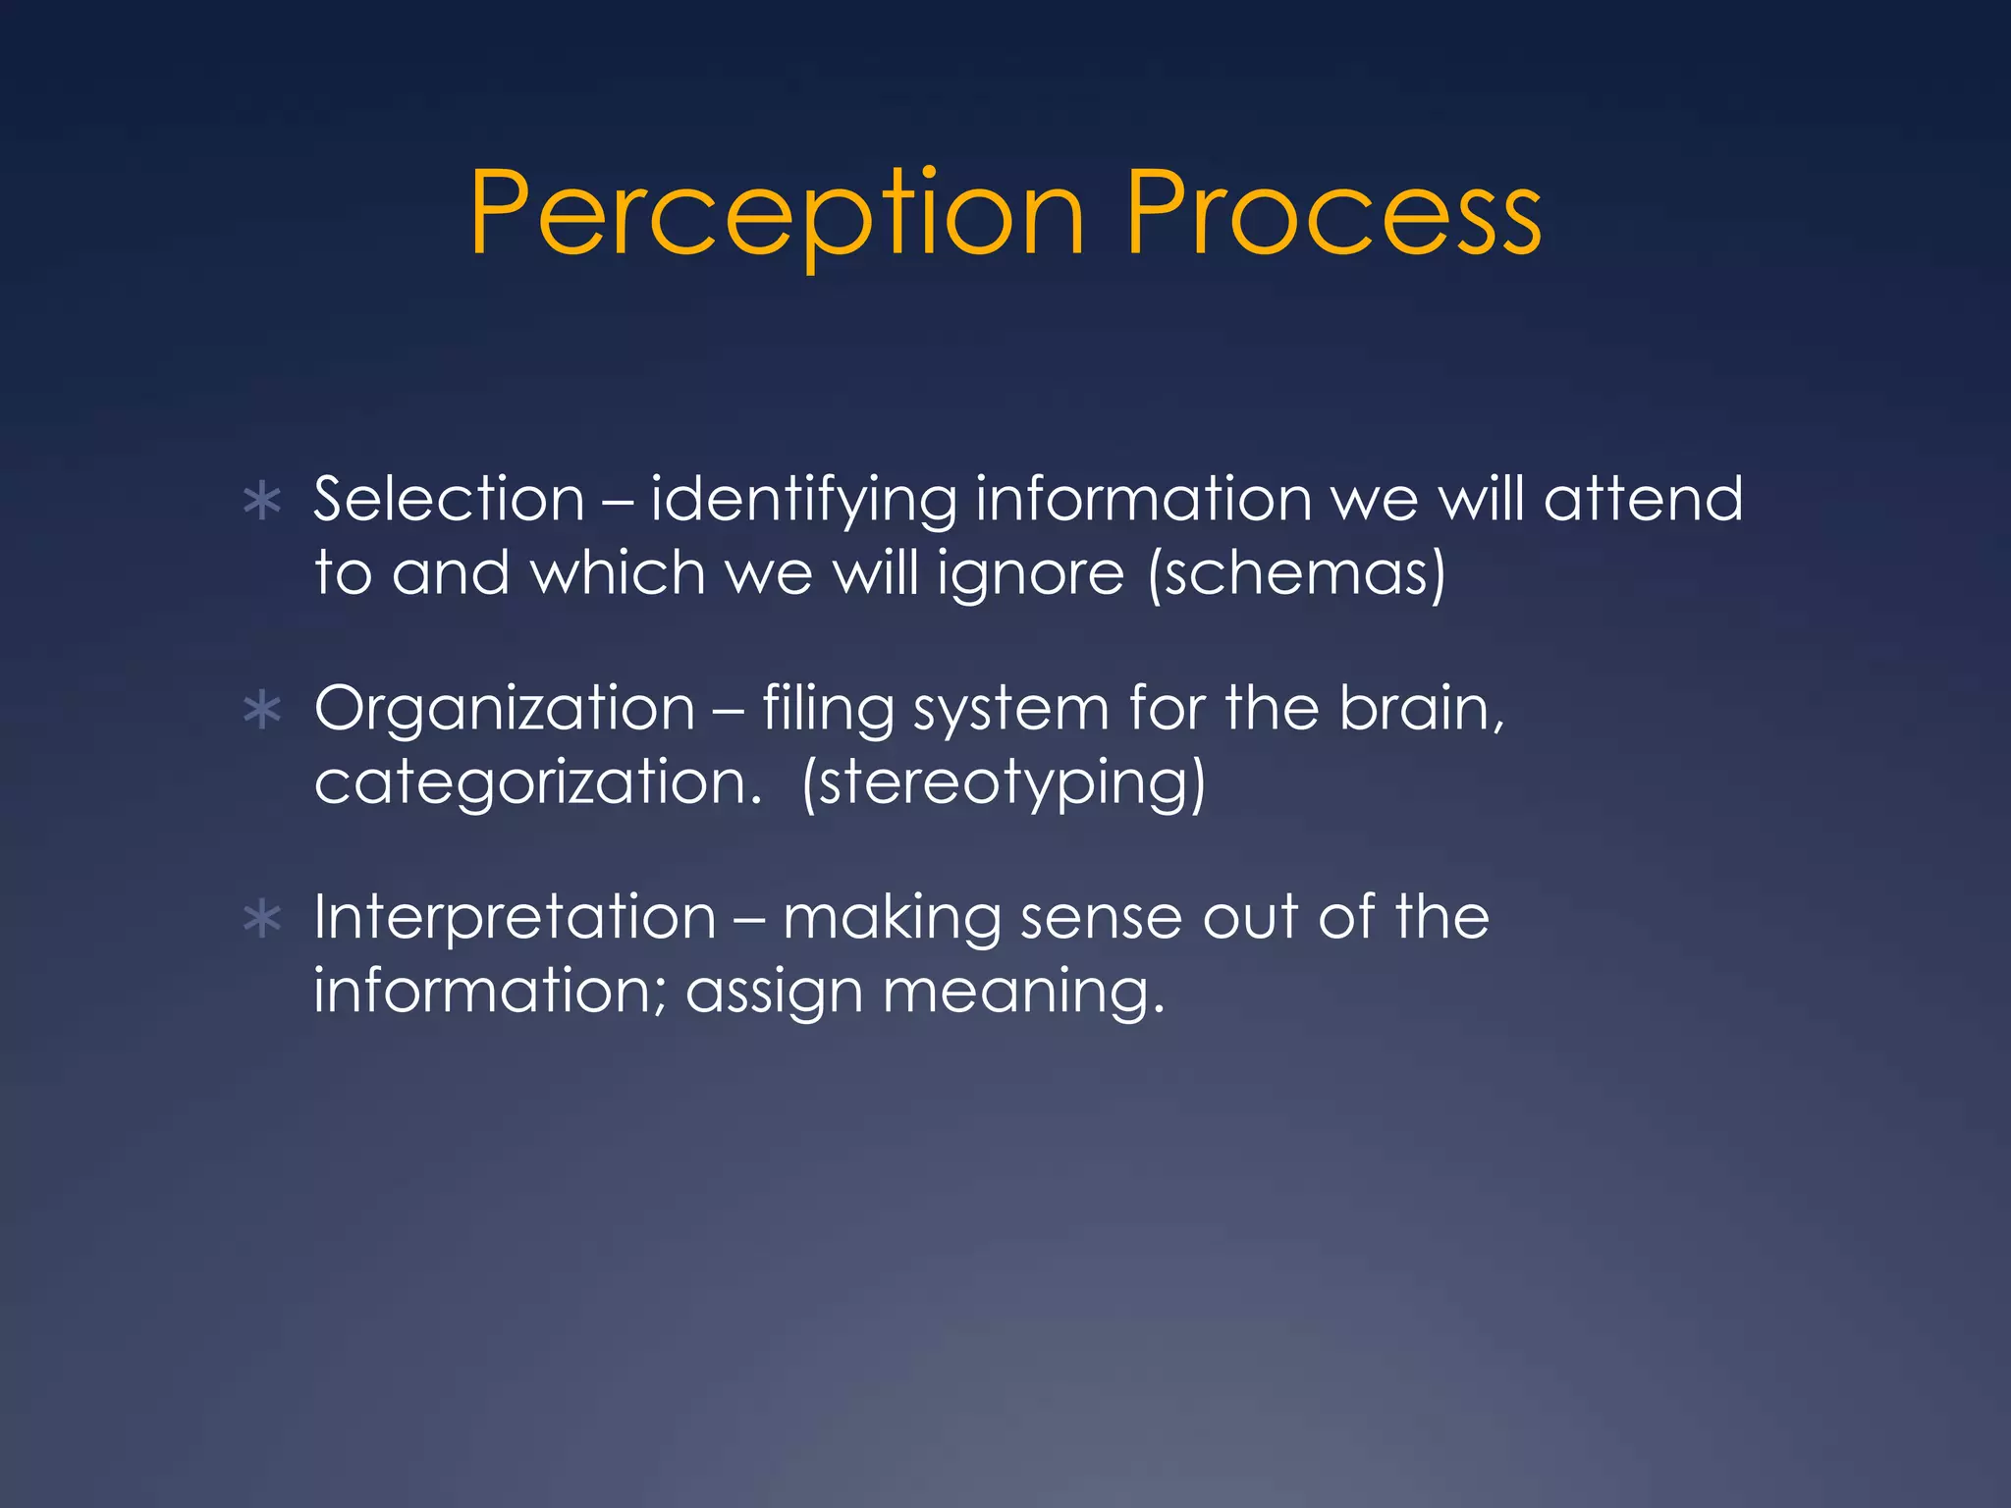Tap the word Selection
449,499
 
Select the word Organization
505,709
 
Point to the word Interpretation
515,918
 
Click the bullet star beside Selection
262,502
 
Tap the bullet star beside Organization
262,711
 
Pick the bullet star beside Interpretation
262,920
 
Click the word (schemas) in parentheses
1296,573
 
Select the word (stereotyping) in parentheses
1003,783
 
